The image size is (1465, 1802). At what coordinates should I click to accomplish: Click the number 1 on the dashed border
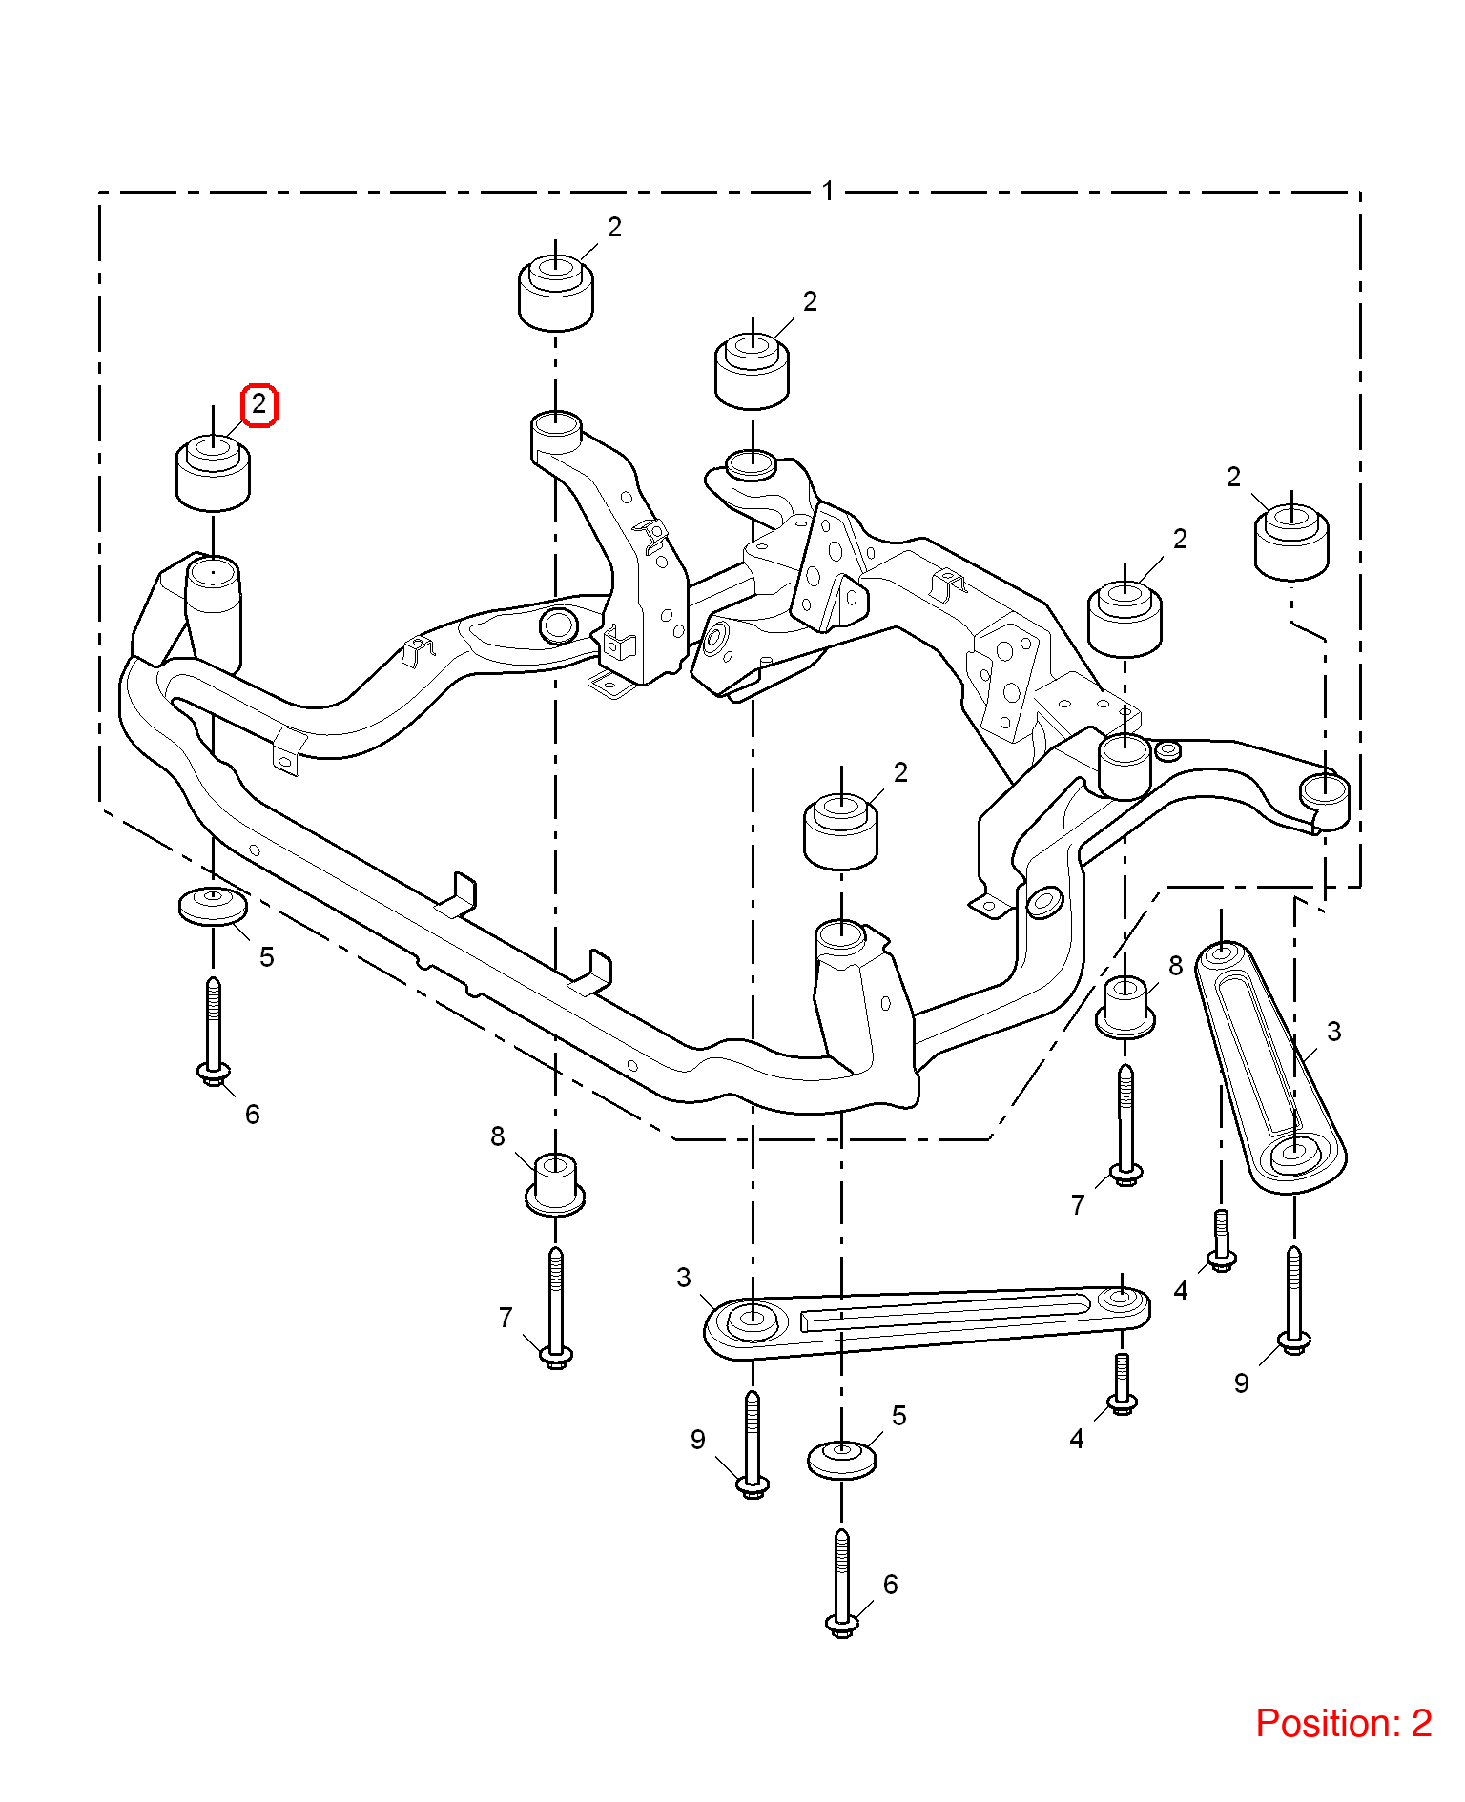tap(828, 191)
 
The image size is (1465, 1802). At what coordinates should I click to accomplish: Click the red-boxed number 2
tap(258, 405)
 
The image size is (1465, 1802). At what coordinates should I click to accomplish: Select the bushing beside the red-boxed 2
tap(214, 472)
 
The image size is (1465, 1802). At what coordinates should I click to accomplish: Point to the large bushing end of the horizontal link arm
tap(752, 1322)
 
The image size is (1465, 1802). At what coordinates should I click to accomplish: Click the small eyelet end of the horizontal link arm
tap(1123, 1298)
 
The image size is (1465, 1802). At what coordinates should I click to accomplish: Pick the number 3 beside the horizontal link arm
tap(684, 1278)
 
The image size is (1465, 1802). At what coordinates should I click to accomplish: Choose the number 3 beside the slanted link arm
tap(1333, 1032)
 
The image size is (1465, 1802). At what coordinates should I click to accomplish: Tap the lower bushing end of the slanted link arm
tap(1293, 1154)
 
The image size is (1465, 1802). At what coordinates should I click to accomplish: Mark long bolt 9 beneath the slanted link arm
tap(1293, 1300)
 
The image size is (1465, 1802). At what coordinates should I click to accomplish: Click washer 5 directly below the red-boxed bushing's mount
tap(213, 906)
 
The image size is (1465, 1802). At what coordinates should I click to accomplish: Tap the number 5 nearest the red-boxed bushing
tap(267, 957)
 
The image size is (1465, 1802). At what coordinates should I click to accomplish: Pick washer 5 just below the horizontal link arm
tap(842, 1460)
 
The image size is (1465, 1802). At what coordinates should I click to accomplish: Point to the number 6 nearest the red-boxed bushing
tap(253, 1115)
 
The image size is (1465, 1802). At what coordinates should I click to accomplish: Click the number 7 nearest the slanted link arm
tap(1078, 1205)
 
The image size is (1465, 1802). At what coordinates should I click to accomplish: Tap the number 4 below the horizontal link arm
tap(1077, 1439)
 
